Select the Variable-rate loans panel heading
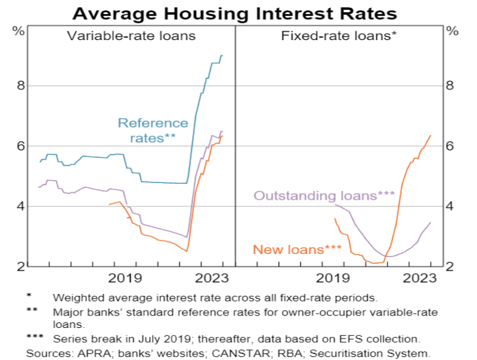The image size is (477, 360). click(x=131, y=36)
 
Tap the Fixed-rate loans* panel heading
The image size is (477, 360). click(x=338, y=36)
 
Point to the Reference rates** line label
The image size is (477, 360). click(x=152, y=131)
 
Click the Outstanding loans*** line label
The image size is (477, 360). click(x=324, y=196)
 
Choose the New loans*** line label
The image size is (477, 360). click(x=297, y=250)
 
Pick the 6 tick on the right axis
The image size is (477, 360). click(x=450, y=146)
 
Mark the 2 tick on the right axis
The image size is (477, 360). click(x=450, y=266)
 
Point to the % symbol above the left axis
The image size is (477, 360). click(x=19, y=30)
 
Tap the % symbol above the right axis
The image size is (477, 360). click(x=452, y=30)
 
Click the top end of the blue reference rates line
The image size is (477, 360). click(x=222, y=55)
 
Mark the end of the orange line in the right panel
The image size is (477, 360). click(x=430, y=136)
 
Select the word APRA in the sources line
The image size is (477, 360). click(x=89, y=353)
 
